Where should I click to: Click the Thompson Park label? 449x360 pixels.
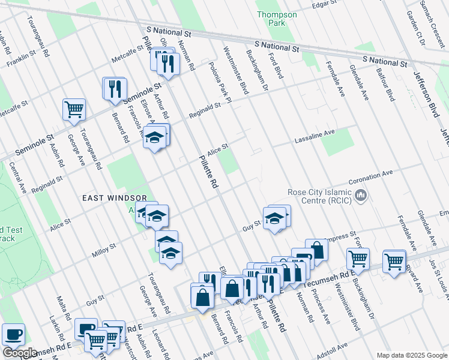[276, 19]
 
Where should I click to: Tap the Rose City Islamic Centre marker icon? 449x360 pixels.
[361, 195]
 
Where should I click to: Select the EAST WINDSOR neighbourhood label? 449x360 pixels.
[115, 197]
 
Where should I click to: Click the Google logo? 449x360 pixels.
[20, 353]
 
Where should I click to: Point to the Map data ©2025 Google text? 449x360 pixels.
[411, 355]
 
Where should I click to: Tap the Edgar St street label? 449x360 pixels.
[325, 5]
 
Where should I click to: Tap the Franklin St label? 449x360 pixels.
[19, 61]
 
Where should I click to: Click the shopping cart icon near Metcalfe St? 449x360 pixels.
[74, 110]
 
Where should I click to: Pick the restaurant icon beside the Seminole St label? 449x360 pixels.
[114, 88]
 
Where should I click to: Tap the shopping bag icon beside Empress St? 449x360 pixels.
[316, 250]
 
